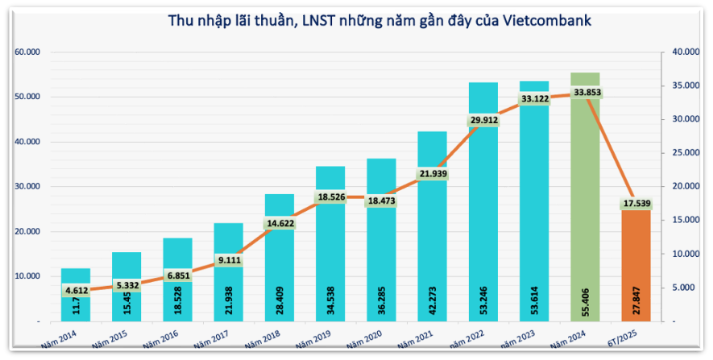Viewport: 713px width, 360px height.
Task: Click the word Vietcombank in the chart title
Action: click(547, 22)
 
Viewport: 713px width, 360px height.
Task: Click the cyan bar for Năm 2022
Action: click(483, 201)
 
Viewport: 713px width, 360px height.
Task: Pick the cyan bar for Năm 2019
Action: click(330, 242)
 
